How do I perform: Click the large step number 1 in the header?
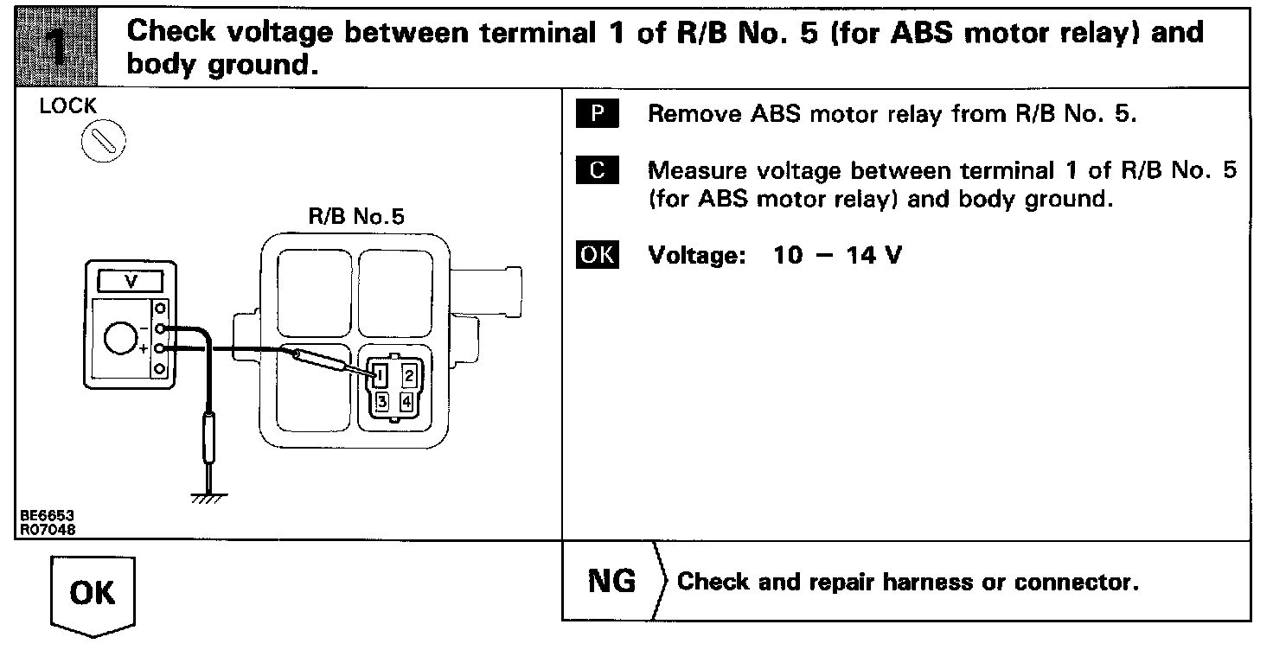point(56,48)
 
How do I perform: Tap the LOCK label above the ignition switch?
point(68,105)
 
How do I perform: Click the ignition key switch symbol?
point(104,141)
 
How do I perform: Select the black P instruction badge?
point(598,113)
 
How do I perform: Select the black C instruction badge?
point(598,169)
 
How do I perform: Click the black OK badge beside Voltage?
point(598,254)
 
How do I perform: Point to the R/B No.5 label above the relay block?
point(356,216)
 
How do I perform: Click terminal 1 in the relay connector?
point(381,376)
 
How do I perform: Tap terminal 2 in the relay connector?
point(409,376)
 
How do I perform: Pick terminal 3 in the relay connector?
point(382,402)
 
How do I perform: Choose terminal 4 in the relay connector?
point(407,402)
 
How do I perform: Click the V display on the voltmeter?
point(131,281)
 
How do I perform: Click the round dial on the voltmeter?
point(120,338)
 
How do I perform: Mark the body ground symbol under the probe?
point(209,498)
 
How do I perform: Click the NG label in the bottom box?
point(611,581)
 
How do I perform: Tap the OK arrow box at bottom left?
point(93,596)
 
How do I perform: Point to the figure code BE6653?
point(48,515)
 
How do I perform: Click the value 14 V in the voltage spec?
point(874,255)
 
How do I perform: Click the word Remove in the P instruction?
point(695,113)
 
